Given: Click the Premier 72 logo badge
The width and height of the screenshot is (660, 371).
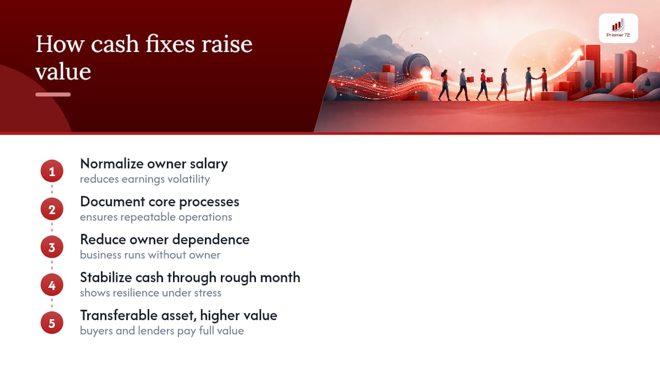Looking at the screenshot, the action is point(618,28).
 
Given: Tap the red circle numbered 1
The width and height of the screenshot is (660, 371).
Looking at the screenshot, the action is point(52,171).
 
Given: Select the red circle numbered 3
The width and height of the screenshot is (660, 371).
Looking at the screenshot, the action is point(52,247).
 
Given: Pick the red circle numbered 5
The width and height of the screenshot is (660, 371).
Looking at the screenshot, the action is point(52,323).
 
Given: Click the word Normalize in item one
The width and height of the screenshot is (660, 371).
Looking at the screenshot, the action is point(112,163).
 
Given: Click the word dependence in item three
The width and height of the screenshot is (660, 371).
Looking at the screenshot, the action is point(211,240).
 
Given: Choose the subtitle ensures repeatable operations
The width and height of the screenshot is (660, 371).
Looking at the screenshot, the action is point(156,217).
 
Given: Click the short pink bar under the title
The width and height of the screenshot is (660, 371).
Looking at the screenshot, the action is point(53,94).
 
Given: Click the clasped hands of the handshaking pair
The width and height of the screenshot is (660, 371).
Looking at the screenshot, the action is point(538,78).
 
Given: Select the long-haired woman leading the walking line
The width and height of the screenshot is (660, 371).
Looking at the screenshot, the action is point(444,85).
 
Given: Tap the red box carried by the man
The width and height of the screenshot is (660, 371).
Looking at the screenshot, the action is point(470,79).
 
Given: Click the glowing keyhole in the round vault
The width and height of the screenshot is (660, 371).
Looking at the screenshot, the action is point(425,73).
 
